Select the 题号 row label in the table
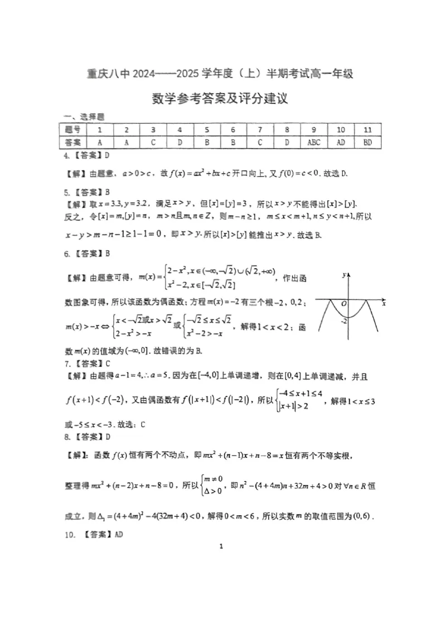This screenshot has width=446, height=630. pos(72,130)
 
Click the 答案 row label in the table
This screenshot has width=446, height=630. pos(72,142)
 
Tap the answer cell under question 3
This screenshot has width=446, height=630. pos(153,142)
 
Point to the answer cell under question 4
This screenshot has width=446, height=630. pos(180,142)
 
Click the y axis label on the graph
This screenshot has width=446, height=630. pos(346,275)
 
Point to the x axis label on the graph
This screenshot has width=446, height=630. pos(384,304)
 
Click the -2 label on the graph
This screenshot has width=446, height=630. pos(345,320)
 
